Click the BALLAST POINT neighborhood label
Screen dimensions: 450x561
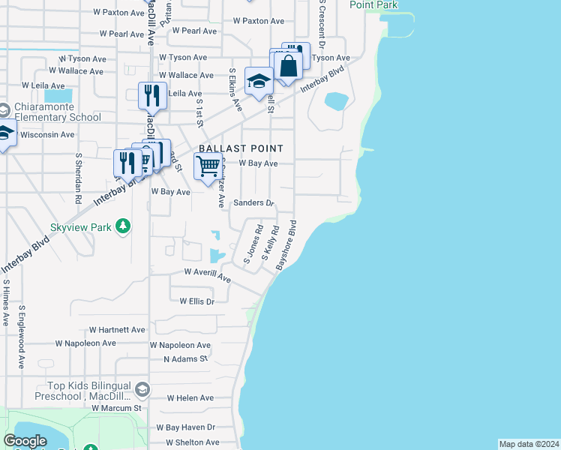241,148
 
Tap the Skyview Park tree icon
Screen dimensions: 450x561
125,226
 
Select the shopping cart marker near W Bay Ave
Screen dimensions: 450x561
208,166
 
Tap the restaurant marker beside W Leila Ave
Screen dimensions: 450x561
151,96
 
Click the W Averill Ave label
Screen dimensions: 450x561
207,274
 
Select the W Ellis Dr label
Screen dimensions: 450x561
197,301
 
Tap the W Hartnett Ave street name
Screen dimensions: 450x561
117,329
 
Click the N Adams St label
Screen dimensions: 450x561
186,359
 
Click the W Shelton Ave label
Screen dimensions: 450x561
191,442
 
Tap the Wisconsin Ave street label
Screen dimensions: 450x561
47,135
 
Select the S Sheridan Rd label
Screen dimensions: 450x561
78,179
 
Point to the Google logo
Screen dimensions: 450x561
25,441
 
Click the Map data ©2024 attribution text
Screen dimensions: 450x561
529,444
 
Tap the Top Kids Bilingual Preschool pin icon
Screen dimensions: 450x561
142,388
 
